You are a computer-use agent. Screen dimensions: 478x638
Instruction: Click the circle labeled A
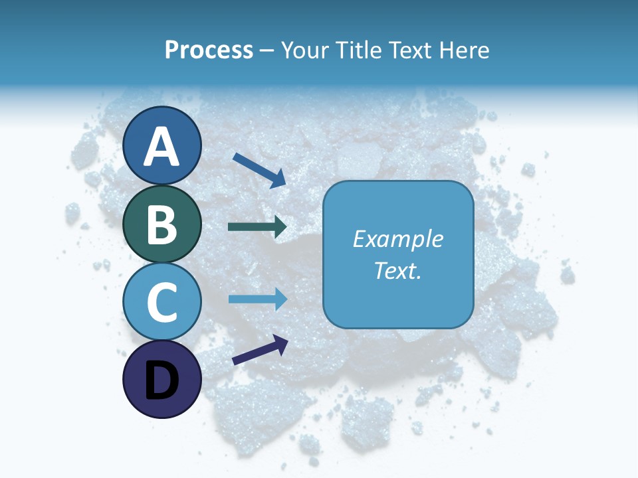tap(162, 145)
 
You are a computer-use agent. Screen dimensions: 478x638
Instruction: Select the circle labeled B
tap(162, 224)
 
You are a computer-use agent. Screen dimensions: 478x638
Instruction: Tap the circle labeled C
tap(162, 301)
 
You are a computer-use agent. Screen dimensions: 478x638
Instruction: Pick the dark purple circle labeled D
tap(162, 379)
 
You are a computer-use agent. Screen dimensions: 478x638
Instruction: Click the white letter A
tap(162, 147)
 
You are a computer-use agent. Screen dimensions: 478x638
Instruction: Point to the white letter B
tap(162, 224)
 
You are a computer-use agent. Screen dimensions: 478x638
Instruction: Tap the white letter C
tap(162, 302)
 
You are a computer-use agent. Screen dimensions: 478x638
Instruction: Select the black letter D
tap(162, 380)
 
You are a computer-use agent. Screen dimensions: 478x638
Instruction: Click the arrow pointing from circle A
tap(259, 169)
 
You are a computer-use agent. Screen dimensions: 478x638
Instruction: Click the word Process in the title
tap(209, 50)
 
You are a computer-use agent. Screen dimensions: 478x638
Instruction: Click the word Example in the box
tap(398, 239)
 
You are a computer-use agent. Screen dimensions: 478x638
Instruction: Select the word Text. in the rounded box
tap(398, 270)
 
